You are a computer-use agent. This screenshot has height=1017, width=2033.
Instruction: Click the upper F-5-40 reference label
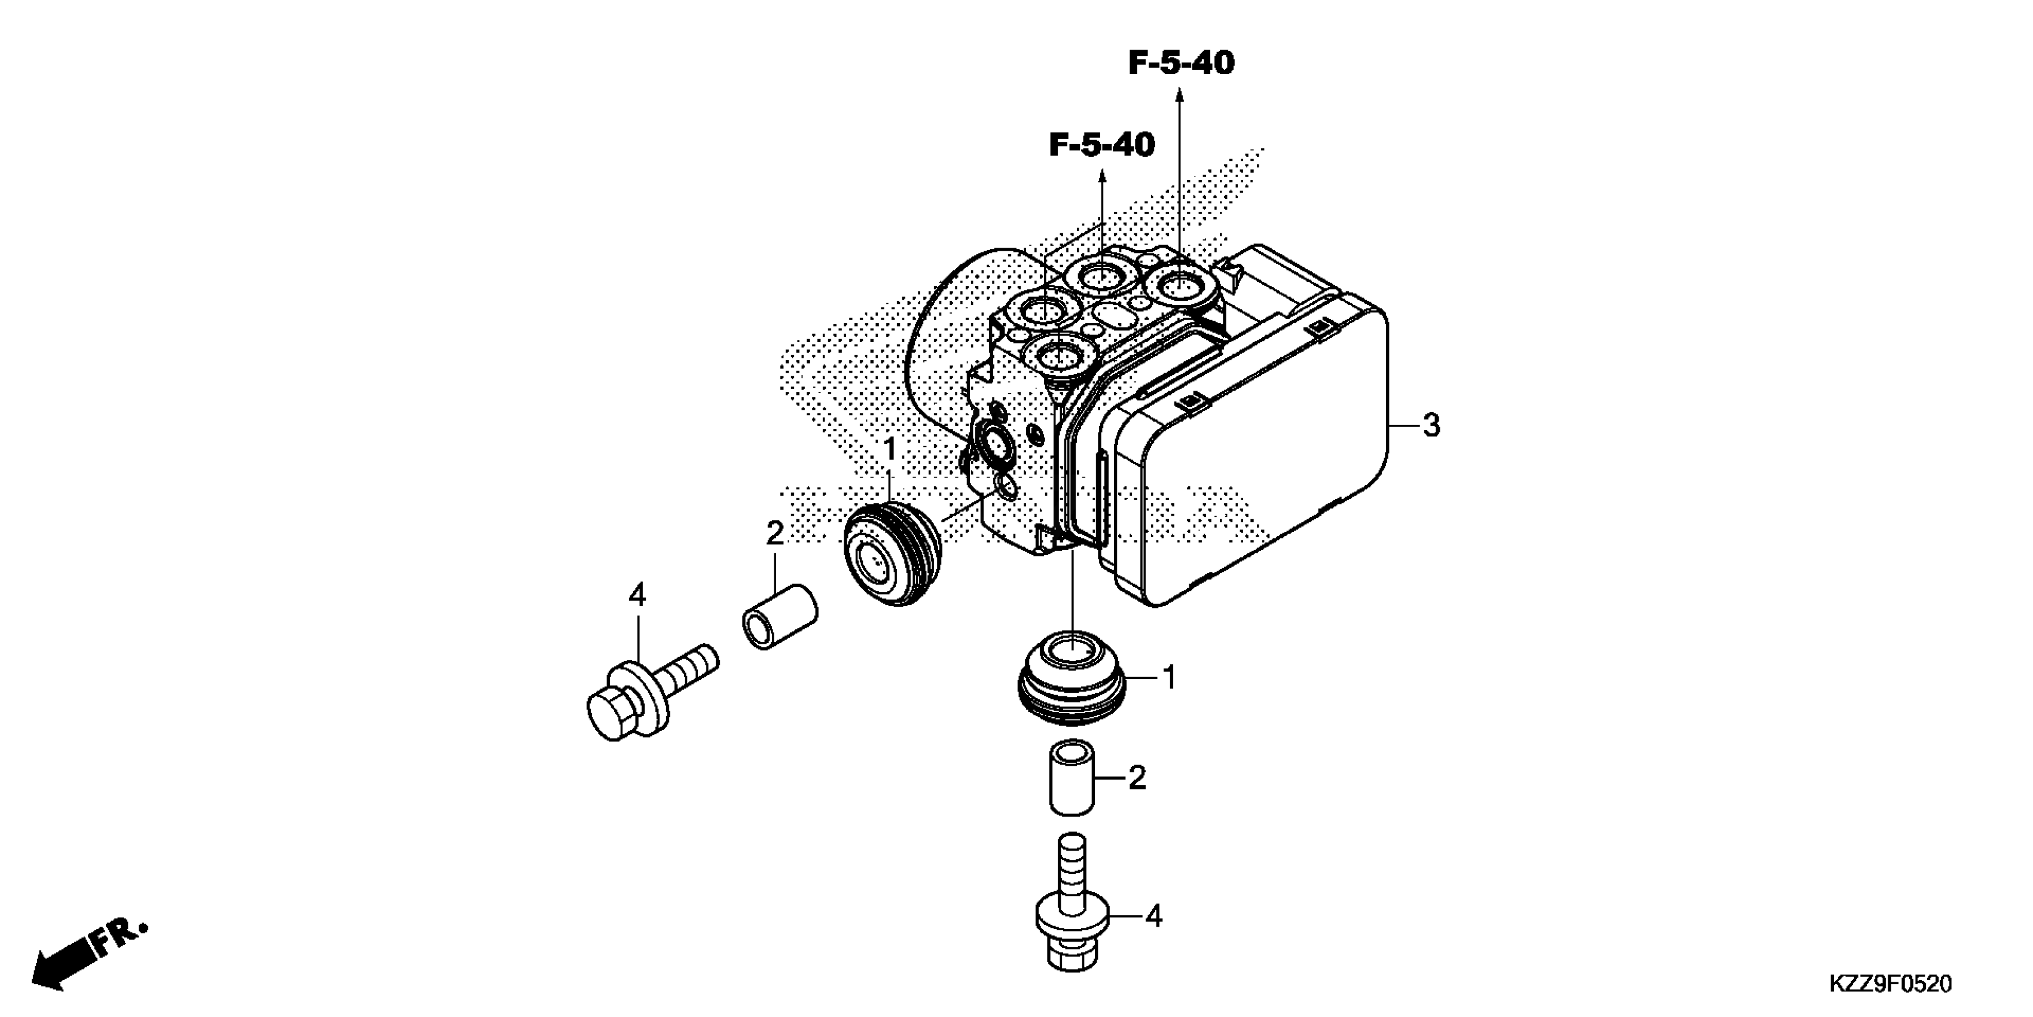pyautogui.click(x=1181, y=63)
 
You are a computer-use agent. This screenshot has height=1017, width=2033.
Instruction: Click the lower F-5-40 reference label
pyautogui.click(x=1102, y=145)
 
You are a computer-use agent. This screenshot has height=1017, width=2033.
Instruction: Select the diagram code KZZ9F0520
pyautogui.click(x=1890, y=984)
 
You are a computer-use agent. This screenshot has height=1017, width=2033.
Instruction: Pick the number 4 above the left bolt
pyautogui.click(x=637, y=595)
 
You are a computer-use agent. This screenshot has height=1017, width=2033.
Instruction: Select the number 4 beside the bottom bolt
pyautogui.click(x=1154, y=916)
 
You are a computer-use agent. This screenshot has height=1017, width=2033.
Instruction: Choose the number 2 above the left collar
pyautogui.click(x=775, y=534)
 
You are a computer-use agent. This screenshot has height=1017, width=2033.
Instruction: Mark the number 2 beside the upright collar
pyautogui.click(x=1137, y=778)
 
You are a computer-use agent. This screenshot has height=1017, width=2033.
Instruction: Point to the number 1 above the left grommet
pyautogui.click(x=890, y=450)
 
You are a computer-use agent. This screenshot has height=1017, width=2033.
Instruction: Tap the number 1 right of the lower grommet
pyautogui.click(x=1170, y=677)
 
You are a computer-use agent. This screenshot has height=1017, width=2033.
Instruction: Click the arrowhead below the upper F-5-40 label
pyautogui.click(x=1180, y=96)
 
